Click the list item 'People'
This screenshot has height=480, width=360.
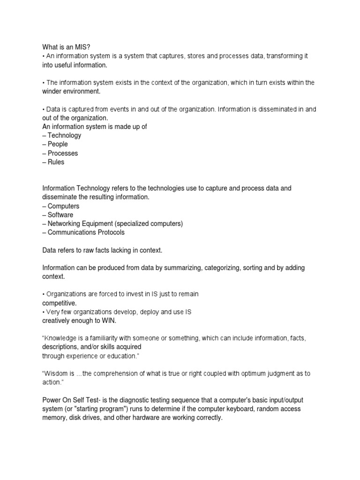(58, 144)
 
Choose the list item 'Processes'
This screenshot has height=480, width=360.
(63, 153)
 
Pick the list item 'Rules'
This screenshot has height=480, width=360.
(56, 162)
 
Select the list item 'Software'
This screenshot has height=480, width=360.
(60, 215)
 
